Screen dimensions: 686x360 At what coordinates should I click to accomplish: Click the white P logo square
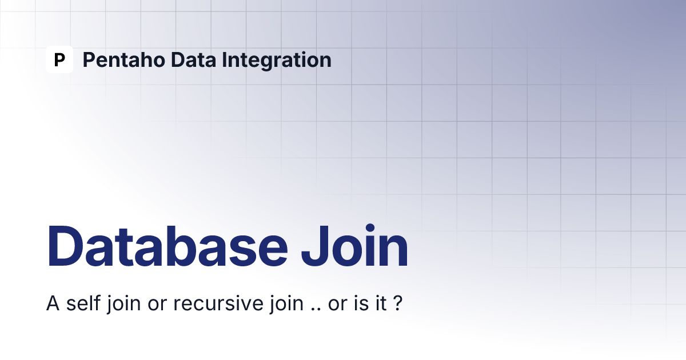[x=59, y=59]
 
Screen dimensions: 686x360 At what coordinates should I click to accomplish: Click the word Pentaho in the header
[x=124, y=59]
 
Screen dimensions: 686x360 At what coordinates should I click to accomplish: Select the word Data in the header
[x=193, y=59]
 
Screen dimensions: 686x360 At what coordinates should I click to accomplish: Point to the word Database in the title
[x=167, y=246]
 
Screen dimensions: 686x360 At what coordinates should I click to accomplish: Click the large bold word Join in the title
[x=354, y=246]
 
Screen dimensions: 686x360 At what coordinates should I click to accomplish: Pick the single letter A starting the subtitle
[x=53, y=303]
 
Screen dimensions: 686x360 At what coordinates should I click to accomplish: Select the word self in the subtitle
[x=83, y=303]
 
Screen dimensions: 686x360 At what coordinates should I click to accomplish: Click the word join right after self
[x=123, y=304]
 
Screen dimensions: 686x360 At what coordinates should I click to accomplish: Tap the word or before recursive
[x=157, y=305]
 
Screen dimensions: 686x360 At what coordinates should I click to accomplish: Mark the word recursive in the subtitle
[x=218, y=303]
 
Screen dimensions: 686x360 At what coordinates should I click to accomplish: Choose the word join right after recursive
[x=286, y=304]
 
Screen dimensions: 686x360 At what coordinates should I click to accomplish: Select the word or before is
[x=338, y=305]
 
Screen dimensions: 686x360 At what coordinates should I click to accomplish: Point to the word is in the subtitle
[x=361, y=303]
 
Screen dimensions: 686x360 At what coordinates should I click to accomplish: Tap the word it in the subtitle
[x=381, y=303]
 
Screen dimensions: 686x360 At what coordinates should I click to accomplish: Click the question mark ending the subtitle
[x=397, y=303]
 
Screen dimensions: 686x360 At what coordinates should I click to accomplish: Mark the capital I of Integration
[x=224, y=59]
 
